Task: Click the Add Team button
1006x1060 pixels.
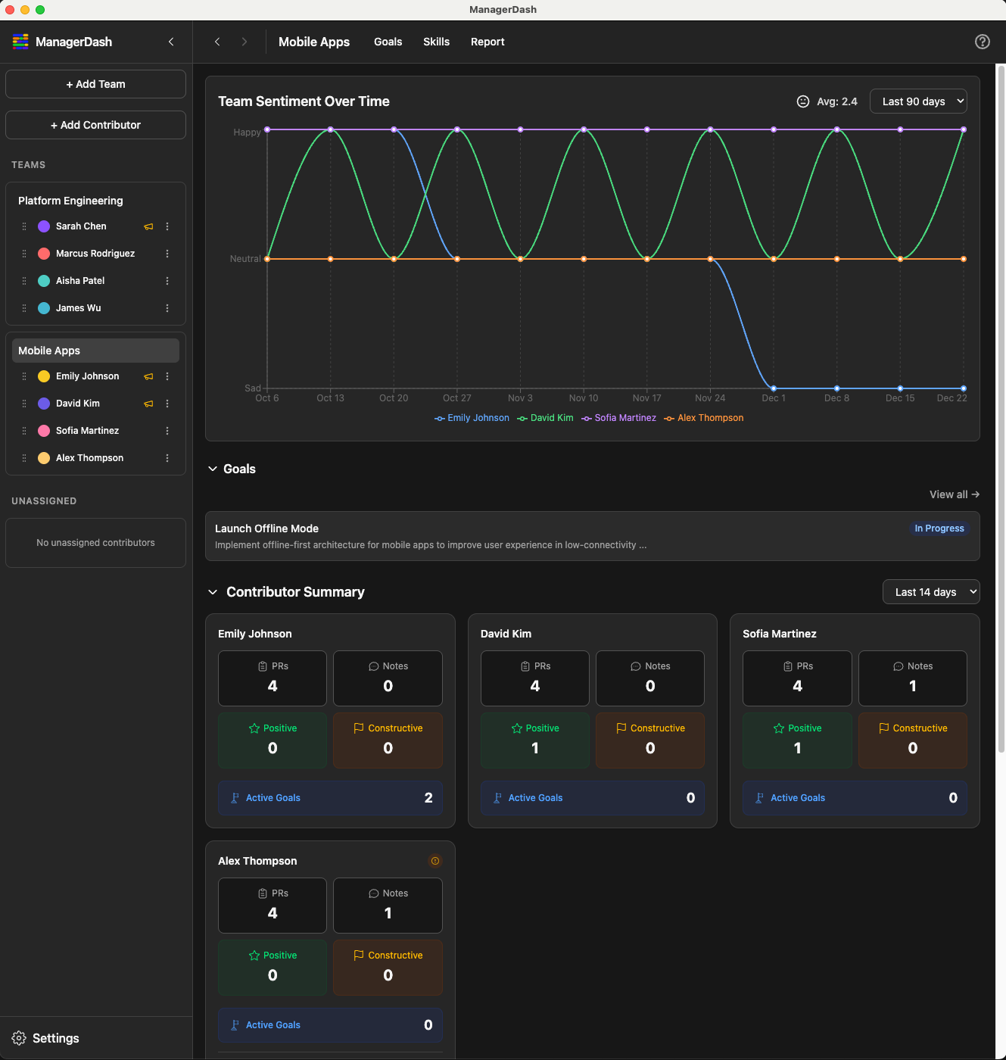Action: pos(95,84)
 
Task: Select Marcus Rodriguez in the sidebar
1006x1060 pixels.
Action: pos(95,254)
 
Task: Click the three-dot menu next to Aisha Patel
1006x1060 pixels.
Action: pos(167,281)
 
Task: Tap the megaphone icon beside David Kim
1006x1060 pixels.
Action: pos(148,404)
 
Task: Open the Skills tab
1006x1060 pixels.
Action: pos(436,42)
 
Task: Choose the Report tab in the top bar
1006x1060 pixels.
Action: pos(487,42)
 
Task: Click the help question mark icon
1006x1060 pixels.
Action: pos(982,42)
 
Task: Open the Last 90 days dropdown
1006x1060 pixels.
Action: pos(918,101)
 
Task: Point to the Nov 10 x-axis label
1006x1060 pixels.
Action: pos(584,398)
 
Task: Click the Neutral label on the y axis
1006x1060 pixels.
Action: pos(245,259)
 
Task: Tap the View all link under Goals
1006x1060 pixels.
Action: pos(954,494)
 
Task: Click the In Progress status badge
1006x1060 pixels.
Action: pos(939,528)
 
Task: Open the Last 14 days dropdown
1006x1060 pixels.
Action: pos(931,592)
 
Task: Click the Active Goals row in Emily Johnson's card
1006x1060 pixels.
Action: pos(330,798)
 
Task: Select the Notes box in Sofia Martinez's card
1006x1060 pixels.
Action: pos(912,678)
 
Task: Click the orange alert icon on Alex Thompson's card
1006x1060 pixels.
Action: pos(435,861)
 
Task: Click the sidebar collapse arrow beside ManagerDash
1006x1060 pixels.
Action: pos(171,42)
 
